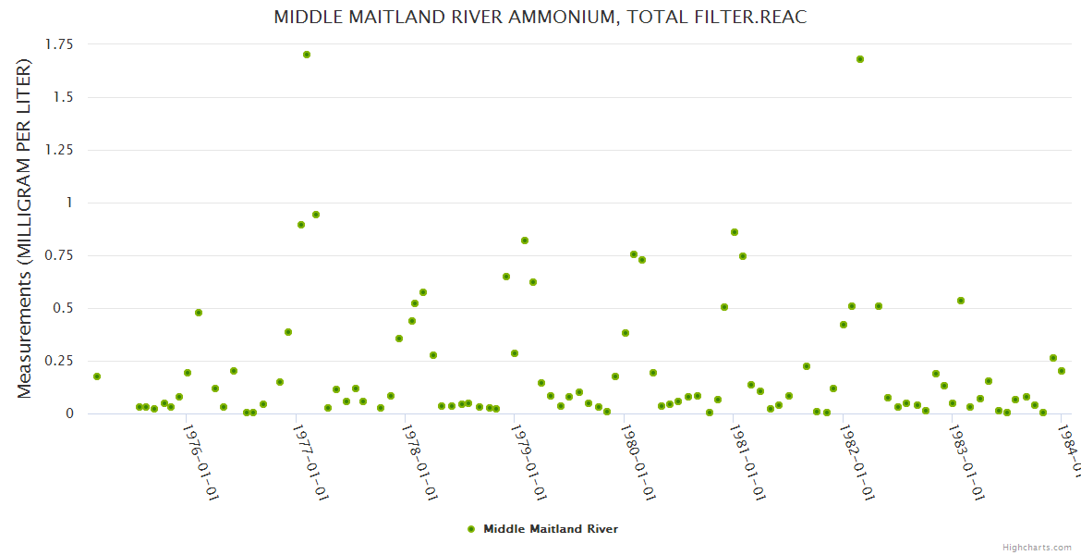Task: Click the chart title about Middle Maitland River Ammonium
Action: click(540, 17)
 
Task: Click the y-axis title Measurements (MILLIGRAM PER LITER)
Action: click(25, 228)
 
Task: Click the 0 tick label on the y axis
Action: click(68, 413)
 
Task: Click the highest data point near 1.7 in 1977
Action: click(307, 55)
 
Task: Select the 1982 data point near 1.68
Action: click(860, 59)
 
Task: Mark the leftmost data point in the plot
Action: click(97, 376)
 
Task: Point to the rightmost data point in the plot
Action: click(1062, 371)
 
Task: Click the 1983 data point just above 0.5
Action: click(961, 301)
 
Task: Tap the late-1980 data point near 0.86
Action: click(735, 232)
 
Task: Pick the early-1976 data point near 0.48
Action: click(199, 313)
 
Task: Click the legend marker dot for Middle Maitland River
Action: click(471, 529)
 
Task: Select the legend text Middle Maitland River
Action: click(551, 529)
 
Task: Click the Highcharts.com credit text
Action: click(1038, 547)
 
